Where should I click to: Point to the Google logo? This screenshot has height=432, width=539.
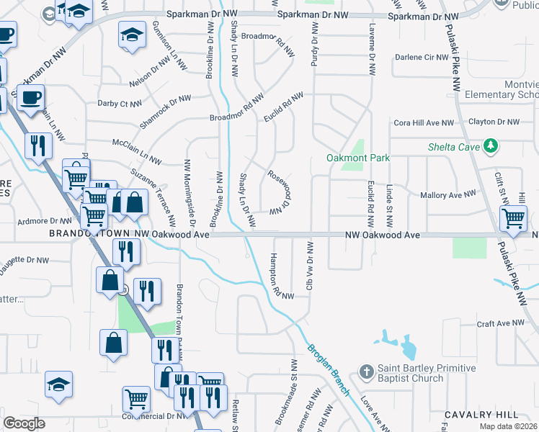[x=24, y=423]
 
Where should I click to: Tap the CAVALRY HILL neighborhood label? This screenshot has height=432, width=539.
[x=481, y=415]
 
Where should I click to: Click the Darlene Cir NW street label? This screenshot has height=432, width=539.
[x=422, y=57]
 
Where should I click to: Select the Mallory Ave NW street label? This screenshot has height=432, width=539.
[x=448, y=194]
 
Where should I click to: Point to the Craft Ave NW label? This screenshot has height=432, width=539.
[x=502, y=324]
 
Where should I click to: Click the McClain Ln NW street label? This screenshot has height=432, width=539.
[x=137, y=148]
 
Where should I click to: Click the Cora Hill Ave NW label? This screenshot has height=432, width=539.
[x=424, y=123]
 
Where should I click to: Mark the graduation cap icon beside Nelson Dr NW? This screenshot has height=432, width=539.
[x=132, y=36]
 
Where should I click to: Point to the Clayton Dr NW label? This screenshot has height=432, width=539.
[x=493, y=122]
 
